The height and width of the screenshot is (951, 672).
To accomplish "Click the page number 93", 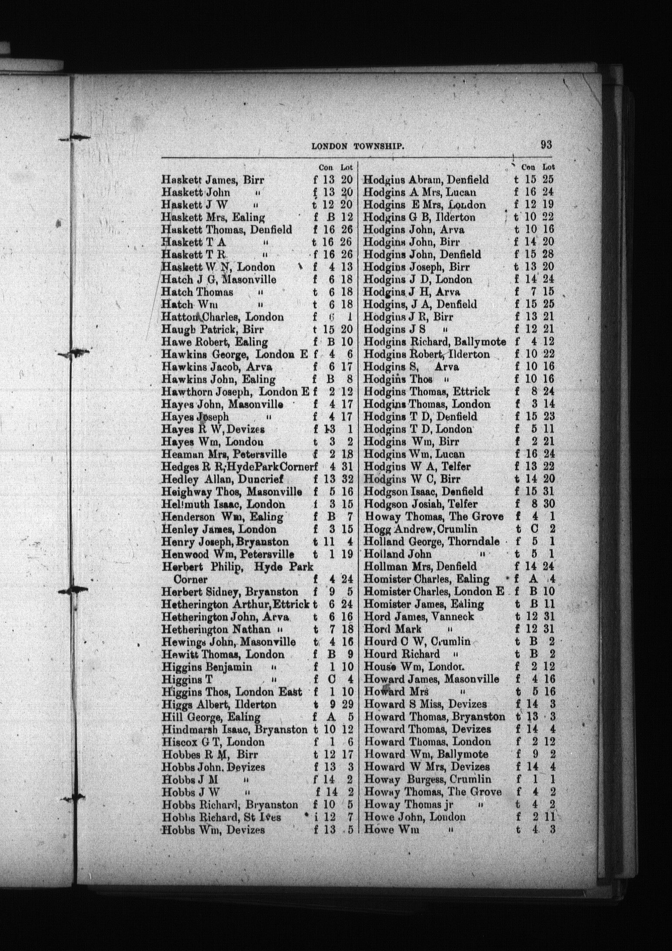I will coord(546,145).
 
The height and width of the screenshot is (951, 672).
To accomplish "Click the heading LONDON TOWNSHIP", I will coord(359,147).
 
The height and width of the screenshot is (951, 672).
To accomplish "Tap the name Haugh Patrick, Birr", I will coord(212,330).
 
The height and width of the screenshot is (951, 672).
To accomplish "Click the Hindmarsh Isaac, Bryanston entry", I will coord(234,729).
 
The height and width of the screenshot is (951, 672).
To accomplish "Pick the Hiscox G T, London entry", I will coord(213,742).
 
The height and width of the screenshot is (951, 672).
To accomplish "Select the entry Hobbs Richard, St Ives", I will coord(222,817).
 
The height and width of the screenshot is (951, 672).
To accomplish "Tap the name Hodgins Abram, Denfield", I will coord(426,180).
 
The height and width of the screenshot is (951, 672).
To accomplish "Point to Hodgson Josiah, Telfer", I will coord(420,504).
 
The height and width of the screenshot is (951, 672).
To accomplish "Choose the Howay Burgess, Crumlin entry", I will coord(427,779).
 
